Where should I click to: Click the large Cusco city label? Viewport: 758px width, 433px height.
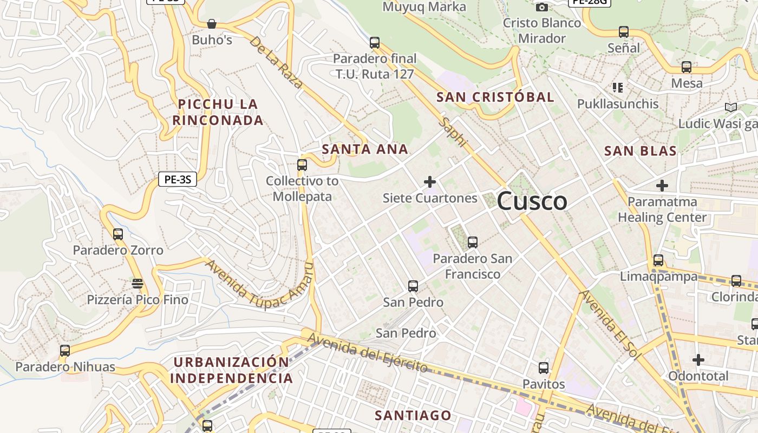pos(532,201)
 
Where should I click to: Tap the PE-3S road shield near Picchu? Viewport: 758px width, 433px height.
pos(177,179)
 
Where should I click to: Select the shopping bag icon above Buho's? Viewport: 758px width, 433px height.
pos(212,24)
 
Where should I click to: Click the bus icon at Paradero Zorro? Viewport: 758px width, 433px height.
pos(118,234)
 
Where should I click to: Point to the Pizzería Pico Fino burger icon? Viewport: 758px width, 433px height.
pos(138,284)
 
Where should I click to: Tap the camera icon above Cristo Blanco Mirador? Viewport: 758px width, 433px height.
pos(541,7)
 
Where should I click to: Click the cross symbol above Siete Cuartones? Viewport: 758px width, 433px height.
pos(430,182)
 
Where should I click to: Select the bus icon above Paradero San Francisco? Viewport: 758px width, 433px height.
pos(473,242)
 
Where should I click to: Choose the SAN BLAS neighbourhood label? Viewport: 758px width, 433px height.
pos(641,151)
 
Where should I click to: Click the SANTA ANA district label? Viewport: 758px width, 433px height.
pos(365,149)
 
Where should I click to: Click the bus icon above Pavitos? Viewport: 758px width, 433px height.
pos(544,368)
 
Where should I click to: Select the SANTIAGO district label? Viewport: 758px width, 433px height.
pos(413,415)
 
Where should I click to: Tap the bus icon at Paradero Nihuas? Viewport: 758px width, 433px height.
pos(65,350)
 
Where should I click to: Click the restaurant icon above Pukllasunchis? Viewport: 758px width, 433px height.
pos(618,87)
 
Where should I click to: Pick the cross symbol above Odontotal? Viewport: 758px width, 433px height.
pos(698,359)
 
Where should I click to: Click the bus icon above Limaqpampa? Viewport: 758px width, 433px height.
pos(658,260)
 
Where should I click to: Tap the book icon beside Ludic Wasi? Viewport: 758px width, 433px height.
pos(731,107)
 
